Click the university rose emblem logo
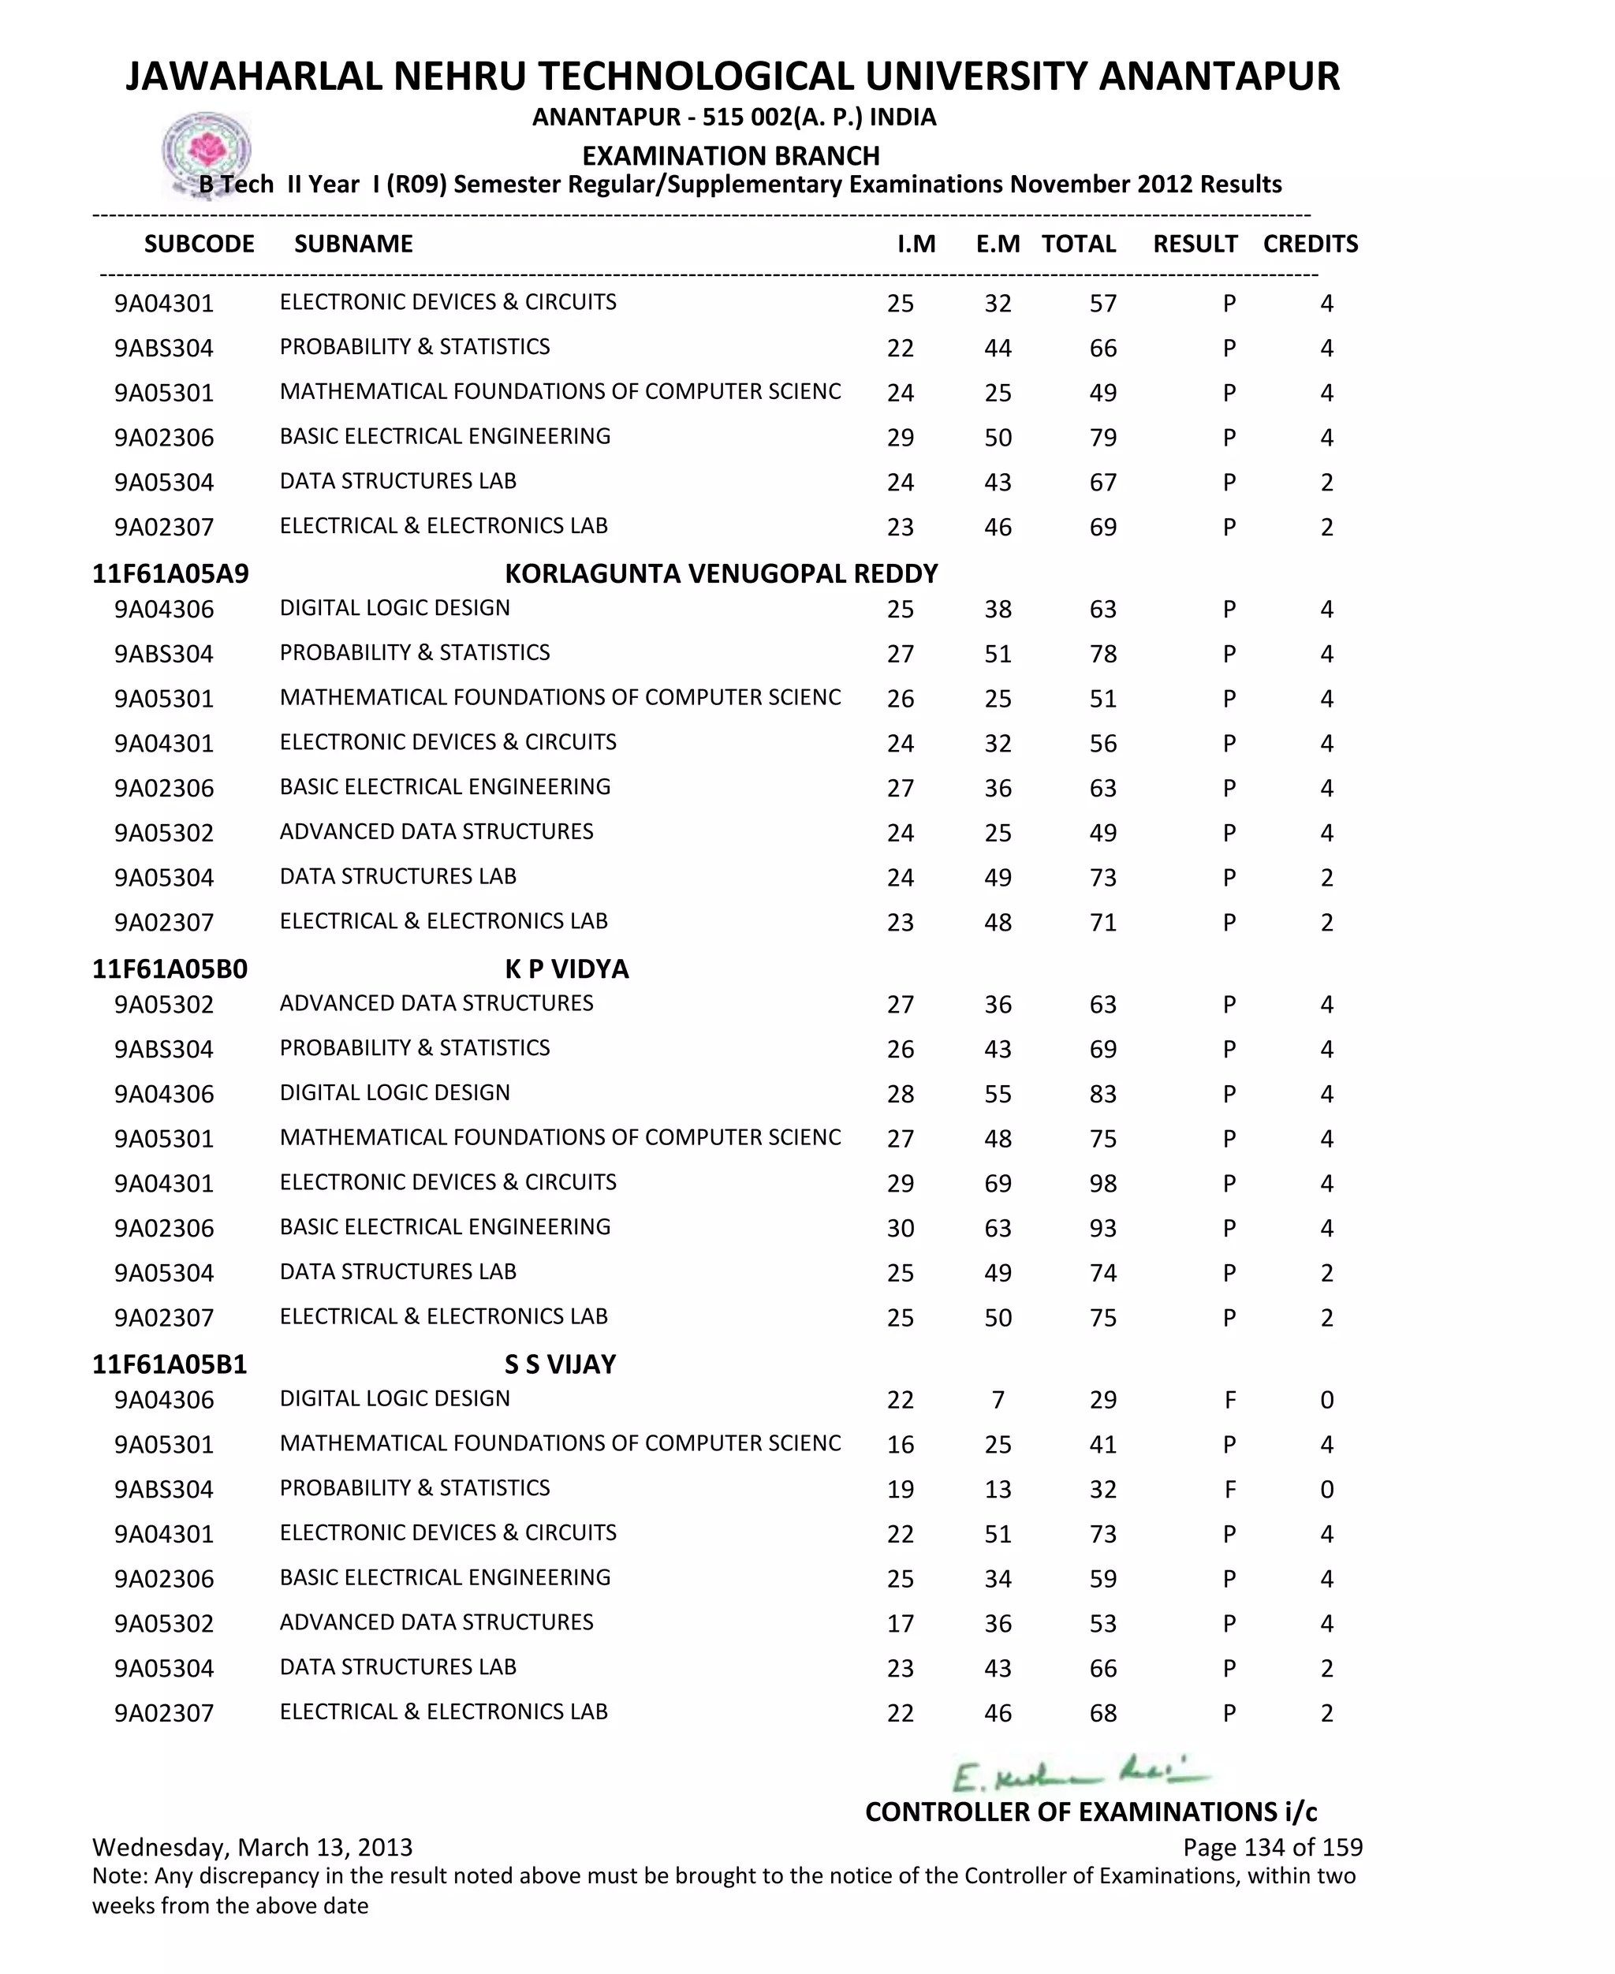207,151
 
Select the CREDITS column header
1310,244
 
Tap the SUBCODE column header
199,244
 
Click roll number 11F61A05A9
170,573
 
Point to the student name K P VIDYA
566,968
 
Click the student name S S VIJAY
560,1364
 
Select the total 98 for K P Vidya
1102,1183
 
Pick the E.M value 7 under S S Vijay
998,1399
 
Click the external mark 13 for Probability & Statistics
998,1488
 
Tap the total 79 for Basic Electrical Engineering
1102,437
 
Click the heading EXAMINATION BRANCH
730,155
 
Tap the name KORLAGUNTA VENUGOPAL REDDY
721,573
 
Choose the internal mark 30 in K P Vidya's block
900,1228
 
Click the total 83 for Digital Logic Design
1102,1094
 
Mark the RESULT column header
1195,244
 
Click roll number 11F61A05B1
170,1364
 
